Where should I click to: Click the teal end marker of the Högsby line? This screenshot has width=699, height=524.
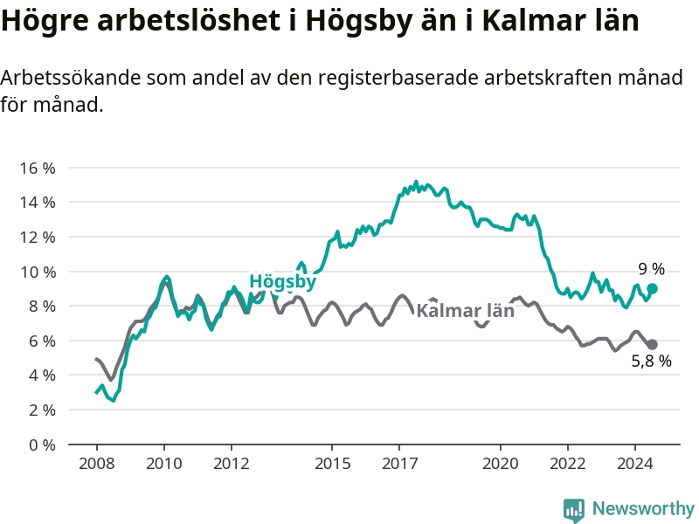652,289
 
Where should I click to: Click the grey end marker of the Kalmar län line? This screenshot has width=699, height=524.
652,344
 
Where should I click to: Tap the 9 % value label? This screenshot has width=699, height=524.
651,269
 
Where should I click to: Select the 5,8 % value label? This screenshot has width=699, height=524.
651,361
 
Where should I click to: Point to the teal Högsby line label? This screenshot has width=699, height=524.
282,281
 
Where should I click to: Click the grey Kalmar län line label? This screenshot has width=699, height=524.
466,311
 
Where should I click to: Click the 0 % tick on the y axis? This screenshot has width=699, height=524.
42,445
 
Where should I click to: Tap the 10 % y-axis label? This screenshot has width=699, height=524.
38,272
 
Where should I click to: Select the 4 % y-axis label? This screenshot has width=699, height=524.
42,376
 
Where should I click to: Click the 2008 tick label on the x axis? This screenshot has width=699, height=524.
97,464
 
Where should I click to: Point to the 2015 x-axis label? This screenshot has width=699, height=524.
332,464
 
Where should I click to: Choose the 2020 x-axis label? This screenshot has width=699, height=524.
500,464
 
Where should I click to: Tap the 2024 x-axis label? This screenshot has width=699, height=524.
635,464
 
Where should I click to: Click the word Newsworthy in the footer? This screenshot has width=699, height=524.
643,508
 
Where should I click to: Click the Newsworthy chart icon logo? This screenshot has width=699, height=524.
574,510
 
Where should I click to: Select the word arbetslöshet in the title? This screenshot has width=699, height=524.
189,20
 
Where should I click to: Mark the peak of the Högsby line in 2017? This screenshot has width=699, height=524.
417,182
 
